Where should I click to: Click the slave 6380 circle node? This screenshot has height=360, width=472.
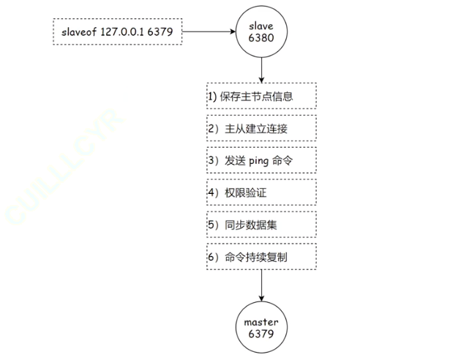[261, 32]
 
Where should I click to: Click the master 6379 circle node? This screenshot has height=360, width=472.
[261, 326]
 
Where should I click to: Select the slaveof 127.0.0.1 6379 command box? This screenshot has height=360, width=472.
[118, 33]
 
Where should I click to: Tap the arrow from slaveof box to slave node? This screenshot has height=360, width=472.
[208, 33]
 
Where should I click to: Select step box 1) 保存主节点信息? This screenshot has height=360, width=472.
[261, 97]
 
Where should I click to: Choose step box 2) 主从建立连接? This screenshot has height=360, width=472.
[261, 129]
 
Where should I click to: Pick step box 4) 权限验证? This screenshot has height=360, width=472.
[261, 192]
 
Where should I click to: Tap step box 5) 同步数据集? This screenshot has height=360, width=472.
[261, 225]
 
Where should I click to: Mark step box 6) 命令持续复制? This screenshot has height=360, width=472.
[261, 257]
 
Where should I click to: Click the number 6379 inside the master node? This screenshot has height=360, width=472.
[261, 333]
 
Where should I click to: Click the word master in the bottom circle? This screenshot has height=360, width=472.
[261, 320]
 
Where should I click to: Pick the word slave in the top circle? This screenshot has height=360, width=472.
[261, 26]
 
